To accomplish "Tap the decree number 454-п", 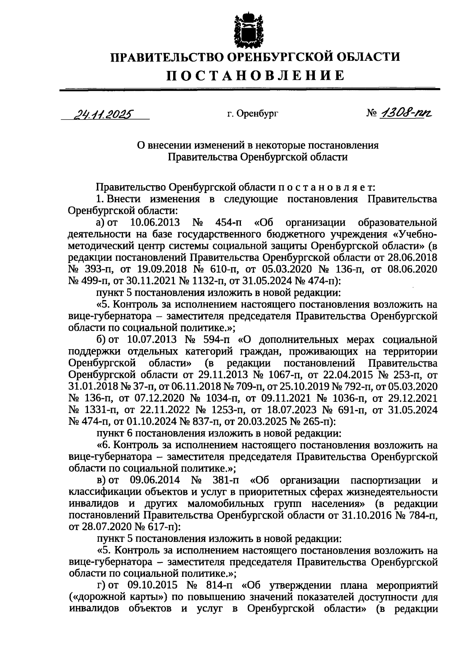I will pyautogui.click(x=228, y=223).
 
